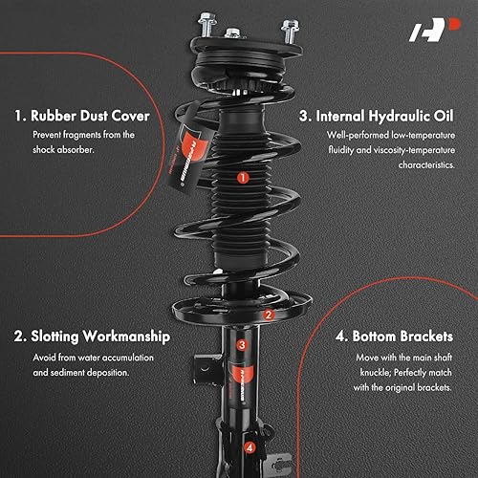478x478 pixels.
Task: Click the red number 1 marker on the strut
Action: tap(243, 177)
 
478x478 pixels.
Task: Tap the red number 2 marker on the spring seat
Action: tap(269, 314)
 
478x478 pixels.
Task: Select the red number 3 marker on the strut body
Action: tap(242, 345)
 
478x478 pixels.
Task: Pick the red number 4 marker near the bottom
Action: tap(250, 445)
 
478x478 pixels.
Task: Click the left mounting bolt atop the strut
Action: tap(206, 20)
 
